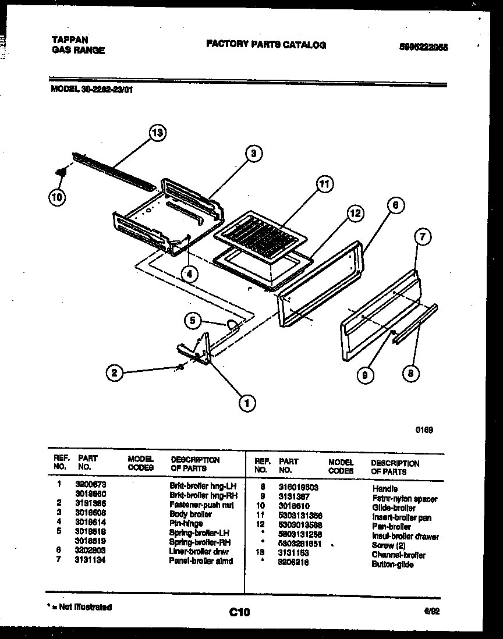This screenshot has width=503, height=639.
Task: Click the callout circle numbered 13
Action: click(x=157, y=133)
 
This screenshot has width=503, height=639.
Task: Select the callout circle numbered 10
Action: click(x=58, y=197)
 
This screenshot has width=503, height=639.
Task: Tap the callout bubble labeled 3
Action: click(x=253, y=154)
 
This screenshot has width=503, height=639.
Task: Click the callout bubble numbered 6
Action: click(x=395, y=205)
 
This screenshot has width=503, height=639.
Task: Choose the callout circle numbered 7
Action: click(x=423, y=236)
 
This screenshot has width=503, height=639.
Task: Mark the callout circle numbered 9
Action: click(x=365, y=375)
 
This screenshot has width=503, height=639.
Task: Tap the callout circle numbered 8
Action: click(x=410, y=373)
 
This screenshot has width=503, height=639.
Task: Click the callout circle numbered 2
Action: click(x=115, y=372)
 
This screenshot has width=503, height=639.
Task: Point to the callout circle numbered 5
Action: click(x=194, y=319)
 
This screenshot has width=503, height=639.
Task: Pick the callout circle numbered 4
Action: click(x=189, y=273)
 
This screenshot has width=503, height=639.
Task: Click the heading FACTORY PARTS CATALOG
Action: click(x=266, y=45)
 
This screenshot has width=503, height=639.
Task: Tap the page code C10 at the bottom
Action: click(x=239, y=612)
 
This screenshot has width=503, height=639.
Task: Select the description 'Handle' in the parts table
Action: click(x=384, y=489)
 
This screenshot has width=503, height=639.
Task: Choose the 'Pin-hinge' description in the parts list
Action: click(x=186, y=523)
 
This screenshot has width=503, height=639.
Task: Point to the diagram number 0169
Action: click(x=424, y=431)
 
